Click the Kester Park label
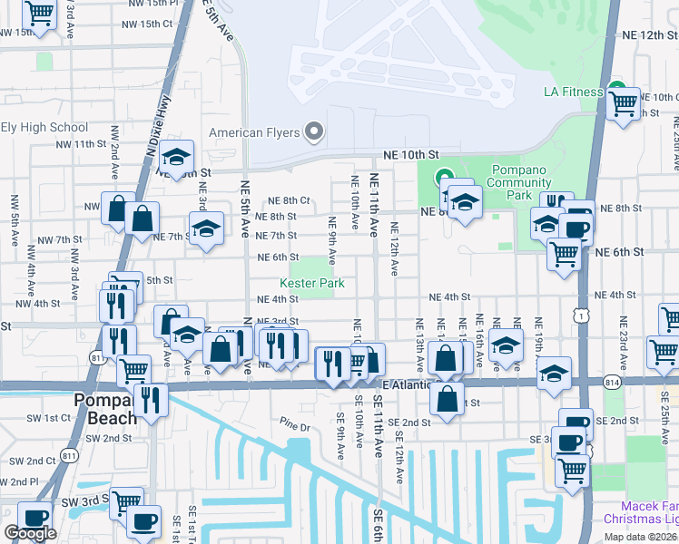311,284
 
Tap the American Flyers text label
254,132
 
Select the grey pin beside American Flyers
315,132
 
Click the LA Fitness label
573,92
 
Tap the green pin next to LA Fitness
617,91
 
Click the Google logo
30,533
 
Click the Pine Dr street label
295,424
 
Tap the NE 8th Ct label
288,200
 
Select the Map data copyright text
639,537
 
